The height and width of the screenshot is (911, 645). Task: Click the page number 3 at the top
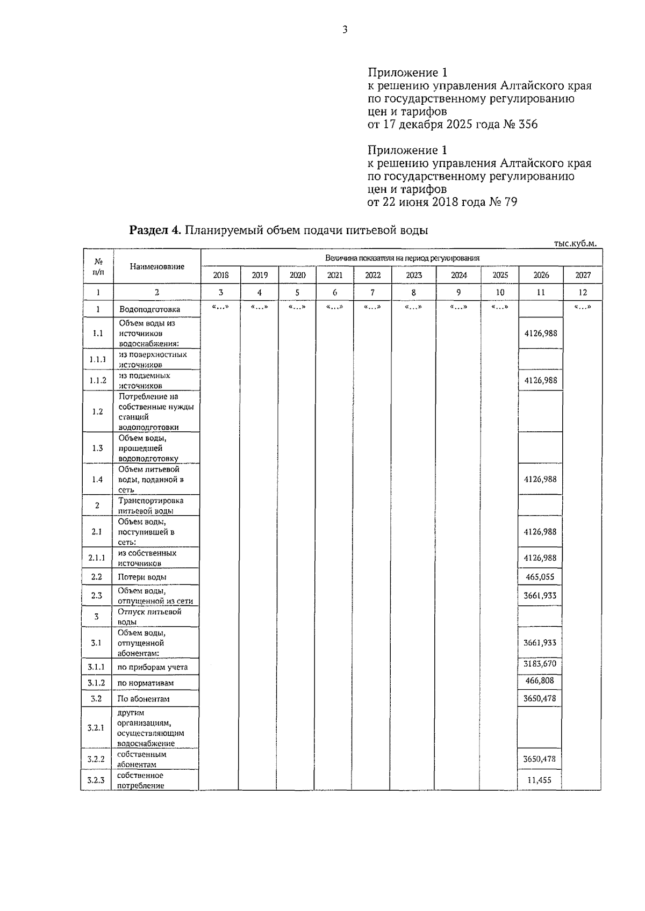(x=345, y=30)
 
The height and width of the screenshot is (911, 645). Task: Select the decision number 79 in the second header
(x=510, y=203)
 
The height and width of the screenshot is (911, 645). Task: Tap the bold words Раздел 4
(x=156, y=230)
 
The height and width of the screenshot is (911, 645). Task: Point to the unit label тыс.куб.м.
(x=575, y=243)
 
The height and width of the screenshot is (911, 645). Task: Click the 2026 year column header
(x=541, y=275)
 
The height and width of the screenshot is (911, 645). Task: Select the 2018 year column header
(x=221, y=275)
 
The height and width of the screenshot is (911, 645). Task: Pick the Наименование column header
(x=157, y=266)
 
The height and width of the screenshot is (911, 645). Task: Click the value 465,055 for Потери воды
(x=540, y=577)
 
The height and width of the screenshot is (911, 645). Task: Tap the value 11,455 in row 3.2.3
(x=540, y=780)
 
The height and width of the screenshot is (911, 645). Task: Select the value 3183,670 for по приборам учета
(x=540, y=664)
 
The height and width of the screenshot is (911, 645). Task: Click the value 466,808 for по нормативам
(x=540, y=681)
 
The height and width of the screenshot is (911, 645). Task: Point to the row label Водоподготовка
(x=149, y=309)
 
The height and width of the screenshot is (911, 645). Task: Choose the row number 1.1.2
(x=98, y=380)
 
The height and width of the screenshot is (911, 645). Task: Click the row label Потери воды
(x=142, y=577)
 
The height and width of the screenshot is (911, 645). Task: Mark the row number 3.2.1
(x=96, y=728)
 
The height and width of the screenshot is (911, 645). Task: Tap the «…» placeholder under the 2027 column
(x=583, y=307)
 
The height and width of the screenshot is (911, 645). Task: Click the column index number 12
(x=583, y=292)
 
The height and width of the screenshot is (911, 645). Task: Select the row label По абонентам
(x=144, y=699)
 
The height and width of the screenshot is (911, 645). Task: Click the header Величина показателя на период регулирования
(x=402, y=258)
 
